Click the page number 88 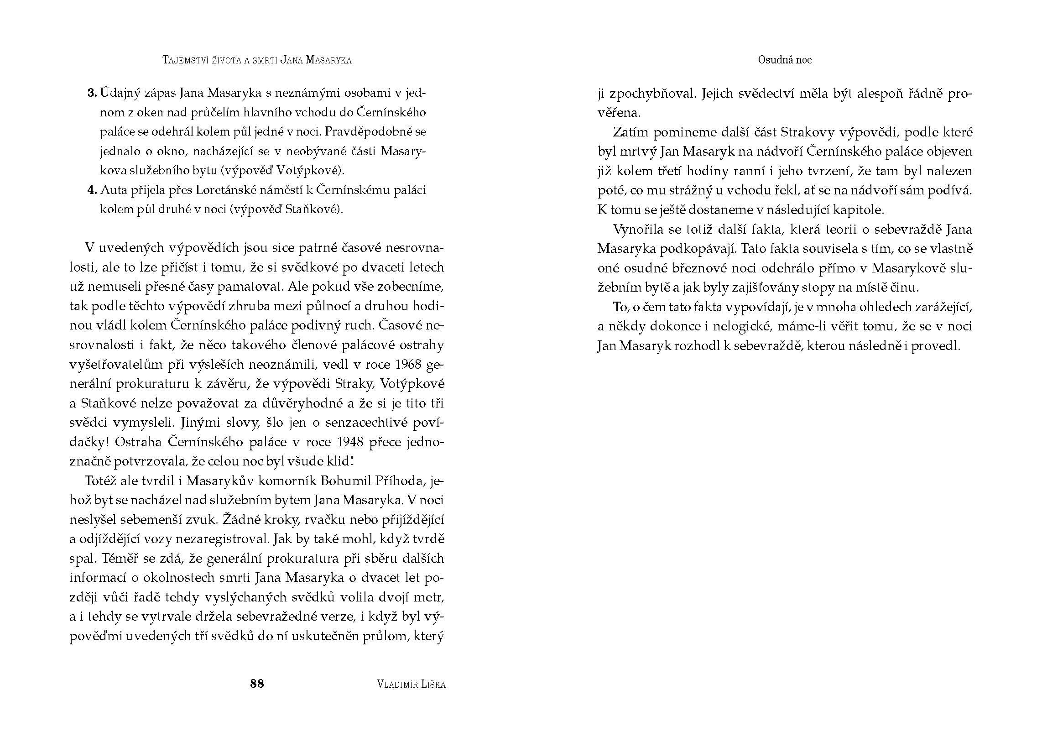[x=257, y=683]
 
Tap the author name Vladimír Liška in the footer [x=412, y=684]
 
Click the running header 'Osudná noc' [x=785, y=60]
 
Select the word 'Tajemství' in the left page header [x=185, y=60]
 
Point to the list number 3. [x=92, y=93]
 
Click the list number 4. [x=92, y=190]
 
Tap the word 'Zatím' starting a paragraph [x=630, y=132]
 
